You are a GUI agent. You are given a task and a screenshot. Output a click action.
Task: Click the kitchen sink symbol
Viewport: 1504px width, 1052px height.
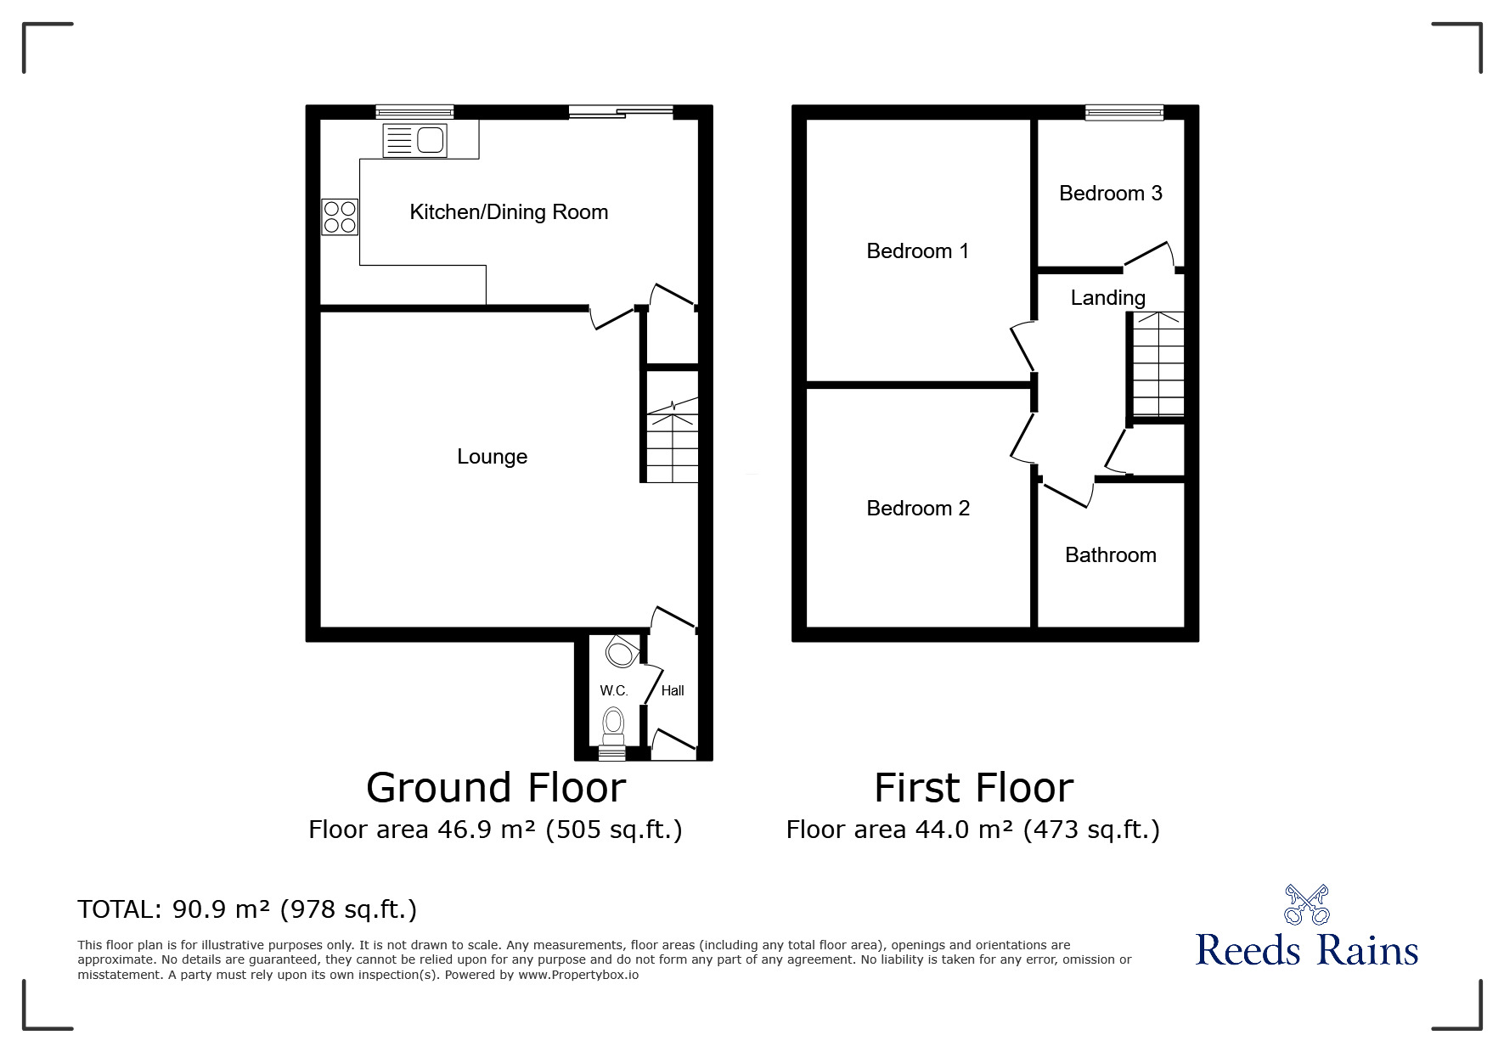(414, 140)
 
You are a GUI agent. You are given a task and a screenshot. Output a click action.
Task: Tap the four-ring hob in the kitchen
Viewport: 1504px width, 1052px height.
(339, 216)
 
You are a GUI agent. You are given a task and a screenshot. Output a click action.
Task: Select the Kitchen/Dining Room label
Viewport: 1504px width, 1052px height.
(509, 212)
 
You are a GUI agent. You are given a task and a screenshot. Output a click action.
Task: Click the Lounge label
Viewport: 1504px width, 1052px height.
(492, 457)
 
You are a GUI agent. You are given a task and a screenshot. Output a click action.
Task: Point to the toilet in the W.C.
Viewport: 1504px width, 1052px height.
(613, 723)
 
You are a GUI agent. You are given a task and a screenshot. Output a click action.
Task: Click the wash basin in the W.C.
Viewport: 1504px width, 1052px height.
(621, 654)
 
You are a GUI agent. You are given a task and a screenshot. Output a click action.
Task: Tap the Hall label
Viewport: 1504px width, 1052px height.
(673, 691)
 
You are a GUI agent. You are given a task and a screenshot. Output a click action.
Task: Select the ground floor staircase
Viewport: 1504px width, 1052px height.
(673, 442)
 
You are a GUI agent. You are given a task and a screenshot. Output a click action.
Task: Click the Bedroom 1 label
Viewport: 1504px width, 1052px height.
(917, 251)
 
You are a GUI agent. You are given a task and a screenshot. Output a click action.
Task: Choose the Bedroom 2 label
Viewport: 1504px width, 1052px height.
(917, 509)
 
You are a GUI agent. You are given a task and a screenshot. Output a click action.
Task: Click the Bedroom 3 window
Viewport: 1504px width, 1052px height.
(1124, 111)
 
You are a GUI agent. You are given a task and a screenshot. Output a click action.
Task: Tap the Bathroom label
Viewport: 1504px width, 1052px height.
(1110, 555)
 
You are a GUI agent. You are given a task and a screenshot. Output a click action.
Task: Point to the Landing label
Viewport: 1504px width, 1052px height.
(1107, 298)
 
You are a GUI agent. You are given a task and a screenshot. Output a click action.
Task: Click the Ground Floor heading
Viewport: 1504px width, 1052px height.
(496, 788)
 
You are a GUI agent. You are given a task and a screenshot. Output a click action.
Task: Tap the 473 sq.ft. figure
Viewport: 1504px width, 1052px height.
(1091, 830)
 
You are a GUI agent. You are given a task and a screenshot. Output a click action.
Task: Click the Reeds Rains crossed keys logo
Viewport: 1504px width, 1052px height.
(1306, 905)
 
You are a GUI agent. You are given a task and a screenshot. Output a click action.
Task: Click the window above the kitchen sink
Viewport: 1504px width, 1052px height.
(414, 111)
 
